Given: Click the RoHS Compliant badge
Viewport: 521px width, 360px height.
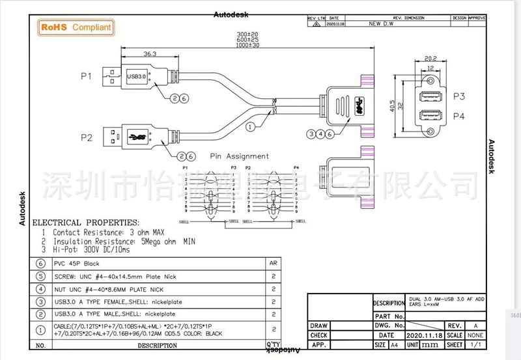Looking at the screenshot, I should click(x=77, y=27).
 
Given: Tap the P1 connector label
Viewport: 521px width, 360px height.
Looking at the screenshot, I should click(x=86, y=77).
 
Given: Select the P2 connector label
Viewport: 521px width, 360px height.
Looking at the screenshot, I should click(x=86, y=137).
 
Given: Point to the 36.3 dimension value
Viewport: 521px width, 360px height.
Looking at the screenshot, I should click(x=132, y=53).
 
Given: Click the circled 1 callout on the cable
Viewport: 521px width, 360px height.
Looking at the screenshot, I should click(x=250, y=128).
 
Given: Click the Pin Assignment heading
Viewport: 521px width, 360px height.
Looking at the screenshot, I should click(x=239, y=156).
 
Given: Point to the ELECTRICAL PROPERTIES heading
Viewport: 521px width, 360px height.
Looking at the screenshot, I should click(x=86, y=222).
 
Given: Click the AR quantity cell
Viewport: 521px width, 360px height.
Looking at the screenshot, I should click(x=274, y=264).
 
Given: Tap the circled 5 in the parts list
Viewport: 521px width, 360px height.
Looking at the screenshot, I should click(x=40, y=276).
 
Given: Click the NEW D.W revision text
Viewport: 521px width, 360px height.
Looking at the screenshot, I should click(x=382, y=23).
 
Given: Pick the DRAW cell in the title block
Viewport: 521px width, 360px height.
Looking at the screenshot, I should click(x=319, y=325).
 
